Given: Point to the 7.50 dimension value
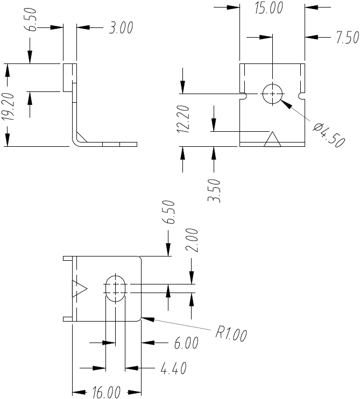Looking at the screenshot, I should tap(347, 38).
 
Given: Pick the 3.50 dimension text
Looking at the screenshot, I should tap(215, 190).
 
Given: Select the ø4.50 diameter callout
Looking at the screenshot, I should tap(328, 134).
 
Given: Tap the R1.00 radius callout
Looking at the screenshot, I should tap(231, 333).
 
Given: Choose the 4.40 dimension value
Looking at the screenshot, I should tap(173, 369).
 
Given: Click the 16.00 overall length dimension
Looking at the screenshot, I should tap(106, 393).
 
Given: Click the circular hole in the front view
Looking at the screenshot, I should tap(273, 94).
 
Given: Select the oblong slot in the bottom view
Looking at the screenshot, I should tap(115, 289).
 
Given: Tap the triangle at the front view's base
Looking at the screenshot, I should tap(272, 140).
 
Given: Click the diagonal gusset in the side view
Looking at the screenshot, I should tap(81, 137).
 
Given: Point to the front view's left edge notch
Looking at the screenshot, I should tap(244, 97).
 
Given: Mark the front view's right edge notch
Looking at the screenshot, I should tap(301, 97).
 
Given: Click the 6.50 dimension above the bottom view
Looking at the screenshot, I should tap(170, 212).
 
